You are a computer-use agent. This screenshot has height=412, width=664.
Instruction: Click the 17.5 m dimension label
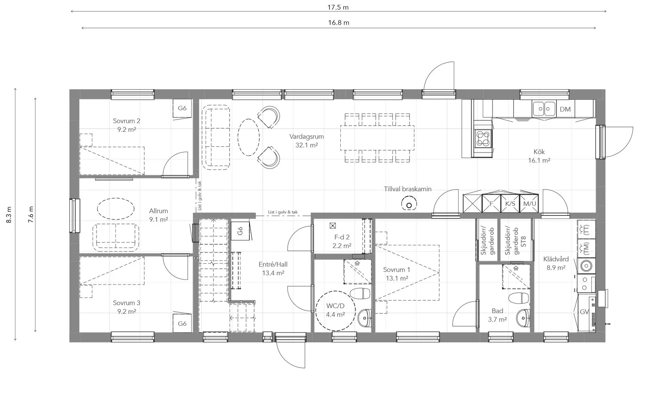[338, 7]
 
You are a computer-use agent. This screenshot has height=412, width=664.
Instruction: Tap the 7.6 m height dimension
[31, 214]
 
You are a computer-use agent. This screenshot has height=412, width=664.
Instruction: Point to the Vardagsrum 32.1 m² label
[306, 141]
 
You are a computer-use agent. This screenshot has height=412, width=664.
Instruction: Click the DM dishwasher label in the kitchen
[565, 109]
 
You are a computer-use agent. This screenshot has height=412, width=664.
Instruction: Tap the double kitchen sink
[544, 109]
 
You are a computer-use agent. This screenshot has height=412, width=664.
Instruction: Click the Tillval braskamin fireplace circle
[409, 204]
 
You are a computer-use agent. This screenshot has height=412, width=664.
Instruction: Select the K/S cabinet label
[510, 204]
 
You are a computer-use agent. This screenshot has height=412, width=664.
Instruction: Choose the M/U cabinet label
[529, 204]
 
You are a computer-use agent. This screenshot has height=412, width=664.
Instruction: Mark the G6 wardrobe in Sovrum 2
[182, 108]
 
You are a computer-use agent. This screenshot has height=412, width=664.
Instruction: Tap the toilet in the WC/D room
[360, 293]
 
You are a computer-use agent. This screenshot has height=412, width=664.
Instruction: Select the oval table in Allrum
[116, 209]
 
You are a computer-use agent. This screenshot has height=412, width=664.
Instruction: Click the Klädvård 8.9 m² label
[556, 263]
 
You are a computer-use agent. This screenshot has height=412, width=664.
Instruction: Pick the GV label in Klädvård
[584, 312]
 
